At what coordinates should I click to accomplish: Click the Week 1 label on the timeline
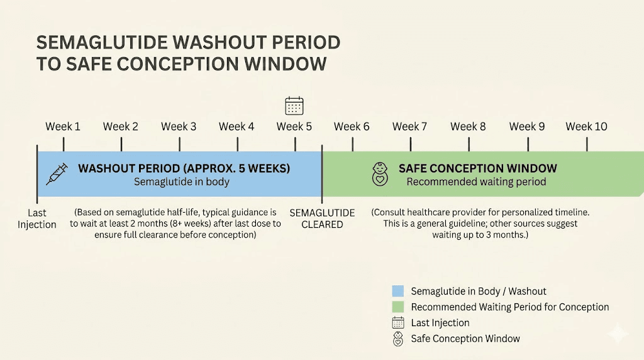[63, 127]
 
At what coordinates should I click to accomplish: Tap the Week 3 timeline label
[179, 127]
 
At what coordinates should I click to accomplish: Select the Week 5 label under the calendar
[294, 127]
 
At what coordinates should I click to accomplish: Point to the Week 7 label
[409, 127]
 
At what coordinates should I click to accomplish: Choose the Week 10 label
[586, 127]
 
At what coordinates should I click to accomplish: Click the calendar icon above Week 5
[294, 105]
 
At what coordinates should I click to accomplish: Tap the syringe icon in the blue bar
[57, 174]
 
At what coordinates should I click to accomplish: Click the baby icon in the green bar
[380, 174]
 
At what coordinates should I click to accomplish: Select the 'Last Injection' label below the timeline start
[37, 219]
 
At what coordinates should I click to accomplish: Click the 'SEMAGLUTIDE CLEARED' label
[322, 218]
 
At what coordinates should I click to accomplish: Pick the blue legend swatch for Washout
[397, 291]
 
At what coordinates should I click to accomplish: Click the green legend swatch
[397, 307]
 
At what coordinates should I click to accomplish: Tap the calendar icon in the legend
[397, 323]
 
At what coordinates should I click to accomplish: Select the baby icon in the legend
[397, 339]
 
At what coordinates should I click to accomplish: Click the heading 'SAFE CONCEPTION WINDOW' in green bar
[477, 169]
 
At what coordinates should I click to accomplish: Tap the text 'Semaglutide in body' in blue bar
[182, 182]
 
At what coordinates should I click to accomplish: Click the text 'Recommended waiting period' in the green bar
[476, 182]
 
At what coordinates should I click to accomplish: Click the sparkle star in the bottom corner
[618, 334]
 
